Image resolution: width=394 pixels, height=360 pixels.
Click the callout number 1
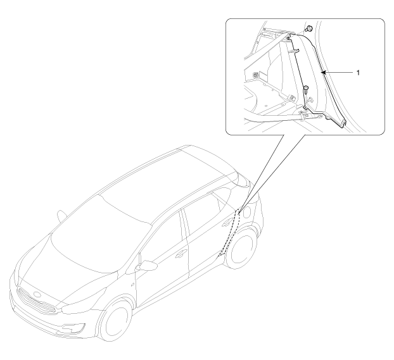(x=359, y=73)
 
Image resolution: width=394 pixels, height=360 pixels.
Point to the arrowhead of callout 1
(x=324, y=73)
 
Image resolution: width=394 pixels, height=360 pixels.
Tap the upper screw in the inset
(x=309, y=28)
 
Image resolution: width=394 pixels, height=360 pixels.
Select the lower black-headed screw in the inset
(x=306, y=90)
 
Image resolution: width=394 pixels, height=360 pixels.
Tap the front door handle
(x=181, y=254)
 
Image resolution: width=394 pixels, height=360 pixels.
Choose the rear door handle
(x=227, y=221)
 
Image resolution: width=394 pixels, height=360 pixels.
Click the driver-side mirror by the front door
(x=146, y=266)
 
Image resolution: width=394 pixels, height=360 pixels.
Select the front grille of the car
(x=36, y=301)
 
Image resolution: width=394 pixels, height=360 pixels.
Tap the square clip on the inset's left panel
(x=256, y=74)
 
